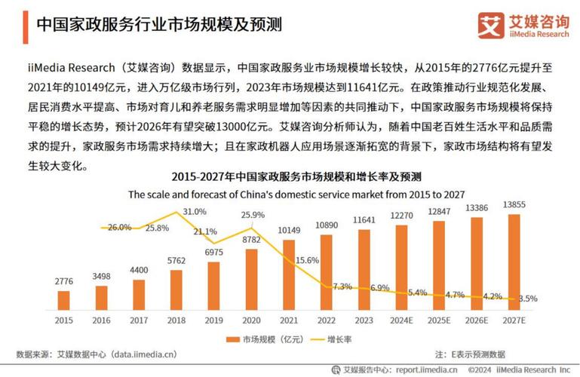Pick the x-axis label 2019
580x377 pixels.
(214, 320)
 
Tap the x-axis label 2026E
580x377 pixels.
(477, 320)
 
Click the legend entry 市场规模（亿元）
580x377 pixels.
(263, 340)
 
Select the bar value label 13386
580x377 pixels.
(477, 207)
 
